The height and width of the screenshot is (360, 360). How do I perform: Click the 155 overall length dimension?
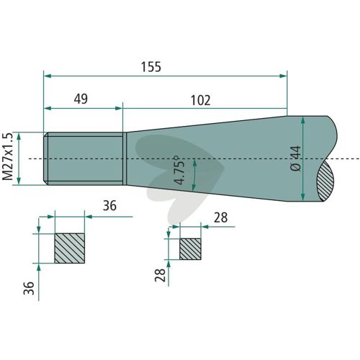151,67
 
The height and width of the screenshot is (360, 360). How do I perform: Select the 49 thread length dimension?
81,99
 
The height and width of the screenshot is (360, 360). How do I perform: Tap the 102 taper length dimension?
201,100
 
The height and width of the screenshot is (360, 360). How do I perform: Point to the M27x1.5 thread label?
7,156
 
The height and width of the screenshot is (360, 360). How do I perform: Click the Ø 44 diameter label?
295,158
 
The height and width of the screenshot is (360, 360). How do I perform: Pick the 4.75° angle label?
180,170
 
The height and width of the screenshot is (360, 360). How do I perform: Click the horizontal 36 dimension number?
109,206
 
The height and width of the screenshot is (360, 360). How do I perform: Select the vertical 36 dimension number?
29,288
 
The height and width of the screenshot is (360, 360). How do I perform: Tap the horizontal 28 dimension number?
220,217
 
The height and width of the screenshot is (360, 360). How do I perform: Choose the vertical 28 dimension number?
160,275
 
